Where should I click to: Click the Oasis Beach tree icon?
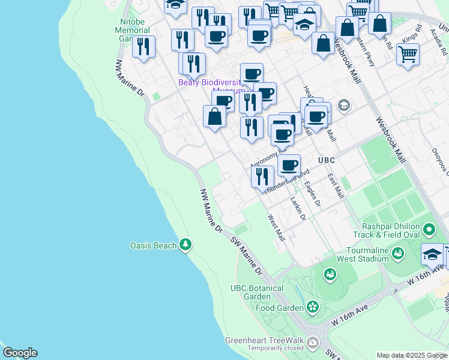(186, 245)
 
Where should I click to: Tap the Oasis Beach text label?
(154, 245)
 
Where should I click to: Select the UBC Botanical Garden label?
(257, 293)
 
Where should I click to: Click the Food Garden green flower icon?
(312, 307)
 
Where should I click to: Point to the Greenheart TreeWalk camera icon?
(312, 343)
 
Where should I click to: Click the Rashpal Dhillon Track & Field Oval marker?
(429, 230)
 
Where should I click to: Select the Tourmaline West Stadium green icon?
(397, 254)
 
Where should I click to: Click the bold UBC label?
(326, 161)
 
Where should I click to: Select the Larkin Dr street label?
(298, 209)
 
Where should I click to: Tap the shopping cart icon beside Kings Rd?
(408, 54)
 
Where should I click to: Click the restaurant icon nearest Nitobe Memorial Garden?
(143, 46)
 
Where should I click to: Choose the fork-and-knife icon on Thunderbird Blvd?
(262, 176)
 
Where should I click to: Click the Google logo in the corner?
(20, 353)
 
